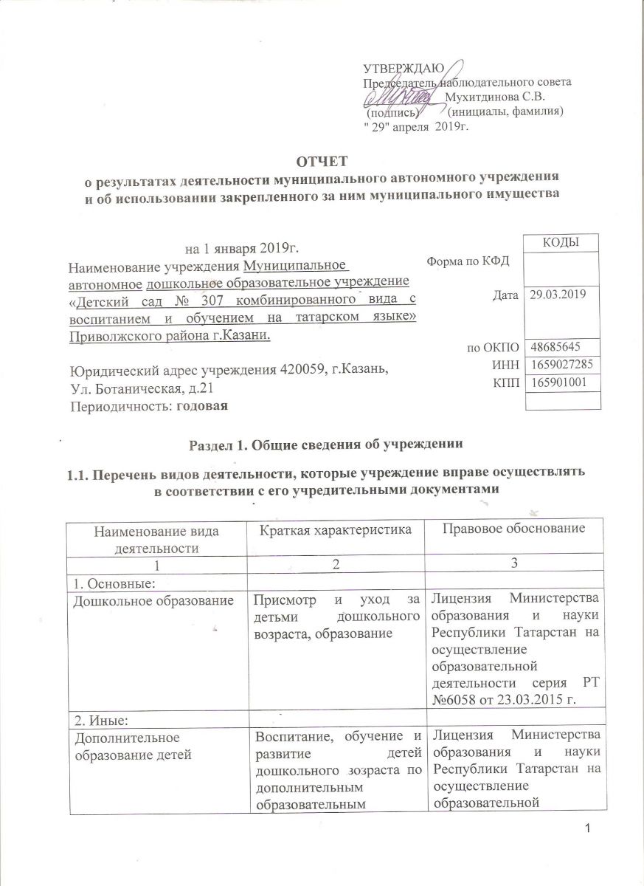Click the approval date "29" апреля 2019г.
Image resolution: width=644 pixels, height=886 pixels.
(x=418, y=126)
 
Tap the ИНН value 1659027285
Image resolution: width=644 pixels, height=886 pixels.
(x=560, y=365)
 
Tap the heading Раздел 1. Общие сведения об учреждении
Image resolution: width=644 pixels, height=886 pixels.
(x=321, y=445)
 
